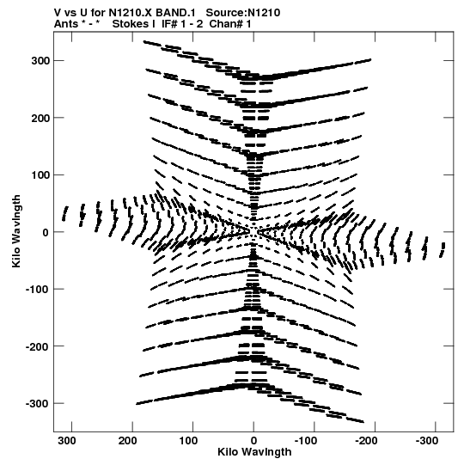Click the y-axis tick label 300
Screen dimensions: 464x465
pos(40,61)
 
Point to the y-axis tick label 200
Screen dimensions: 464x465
pos(40,118)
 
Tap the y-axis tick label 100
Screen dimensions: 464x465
pos(40,175)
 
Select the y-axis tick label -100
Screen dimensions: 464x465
pos(37,290)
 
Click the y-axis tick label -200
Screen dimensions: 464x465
pos(37,346)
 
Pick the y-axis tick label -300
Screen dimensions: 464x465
pos(37,404)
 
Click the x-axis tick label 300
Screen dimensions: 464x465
pos(67,441)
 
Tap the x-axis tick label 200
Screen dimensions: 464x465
pos(128,441)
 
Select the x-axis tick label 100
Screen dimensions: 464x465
pos(188,441)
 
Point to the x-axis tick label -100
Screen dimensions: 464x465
pos(306,441)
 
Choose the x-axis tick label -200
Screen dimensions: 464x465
pos(366,441)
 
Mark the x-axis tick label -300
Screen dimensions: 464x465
pos(427,441)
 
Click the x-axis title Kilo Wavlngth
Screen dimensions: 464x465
pos(254,452)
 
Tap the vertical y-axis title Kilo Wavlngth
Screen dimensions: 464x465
pos(16,231)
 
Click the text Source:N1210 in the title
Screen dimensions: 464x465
pos(243,13)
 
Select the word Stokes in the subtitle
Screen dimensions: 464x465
pos(133,24)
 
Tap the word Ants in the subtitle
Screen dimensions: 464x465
pos(66,24)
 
